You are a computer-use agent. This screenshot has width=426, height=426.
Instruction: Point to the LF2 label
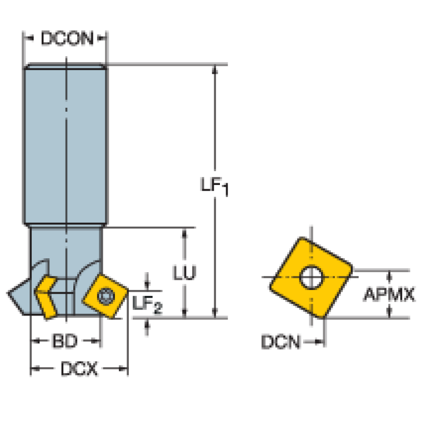(x=147, y=304)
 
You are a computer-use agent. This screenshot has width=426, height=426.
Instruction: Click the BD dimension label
(x=65, y=342)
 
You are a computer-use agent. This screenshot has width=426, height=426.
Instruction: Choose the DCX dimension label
(x=79, y=368)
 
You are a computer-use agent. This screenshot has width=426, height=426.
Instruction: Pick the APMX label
(x=389, y=294)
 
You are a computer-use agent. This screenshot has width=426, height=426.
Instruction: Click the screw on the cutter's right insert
(x=104, y=296)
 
